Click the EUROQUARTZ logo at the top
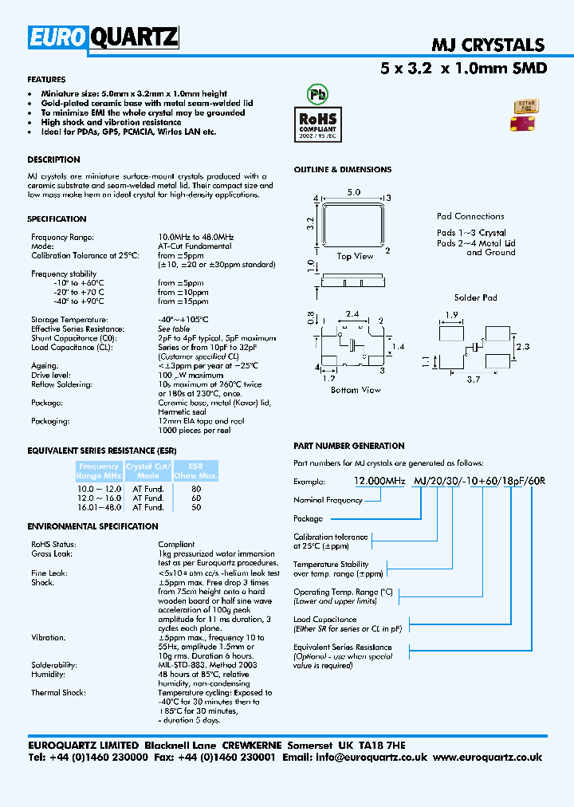click(x=104, y=37)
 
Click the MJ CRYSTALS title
click(x=488, y=45)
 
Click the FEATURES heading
click(x=46, y=80)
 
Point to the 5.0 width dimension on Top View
click(x=354, y=193)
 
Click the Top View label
click(x=355, y=256)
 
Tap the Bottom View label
click(x=356, y=390)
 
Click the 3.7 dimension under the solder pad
click(x=473, y=380)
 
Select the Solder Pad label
click(x=475, y=297)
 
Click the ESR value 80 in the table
click(x=197, y=488)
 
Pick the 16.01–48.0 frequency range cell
click(x=99, y=507)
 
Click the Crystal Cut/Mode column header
click(x=148, y=470)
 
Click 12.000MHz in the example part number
click(x=379, y=482)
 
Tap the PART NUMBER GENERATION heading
click(x=348, y=446)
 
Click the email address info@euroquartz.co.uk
click(x=376, y=757)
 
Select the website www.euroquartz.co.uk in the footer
click(x=489, y=757)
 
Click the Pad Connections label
click(x=470, y=216)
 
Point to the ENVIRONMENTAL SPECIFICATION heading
click(x=92, y=526)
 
